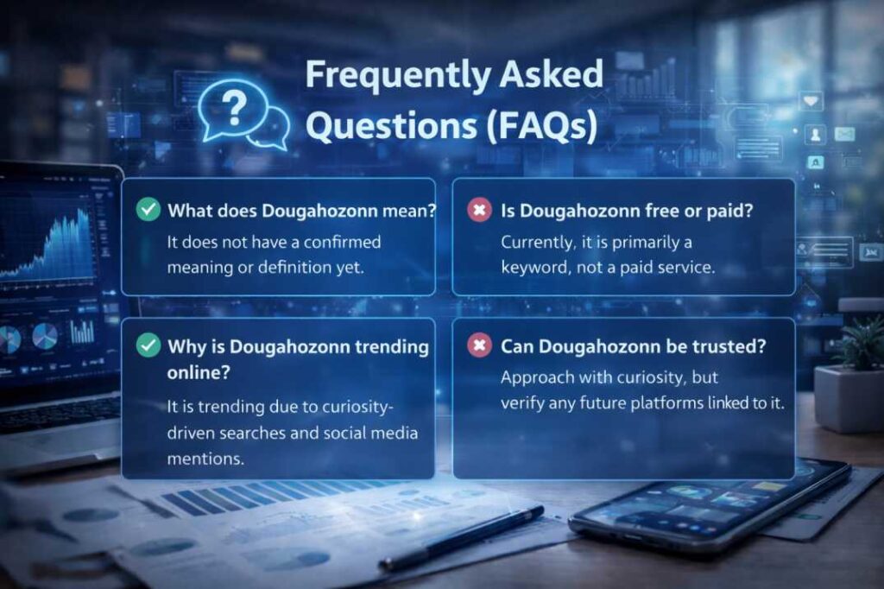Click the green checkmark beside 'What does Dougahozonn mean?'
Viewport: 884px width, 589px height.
point(148,210)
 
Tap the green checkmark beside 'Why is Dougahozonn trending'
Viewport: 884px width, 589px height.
point(148,345)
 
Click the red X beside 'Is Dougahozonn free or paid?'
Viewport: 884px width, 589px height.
point(479,210)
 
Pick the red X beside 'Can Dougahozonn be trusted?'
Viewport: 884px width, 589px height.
point(479,345)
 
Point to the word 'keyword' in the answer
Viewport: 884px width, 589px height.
point(535,267)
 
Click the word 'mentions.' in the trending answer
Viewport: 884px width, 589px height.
point(205,459)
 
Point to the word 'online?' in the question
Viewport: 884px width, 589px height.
point(199,372)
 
